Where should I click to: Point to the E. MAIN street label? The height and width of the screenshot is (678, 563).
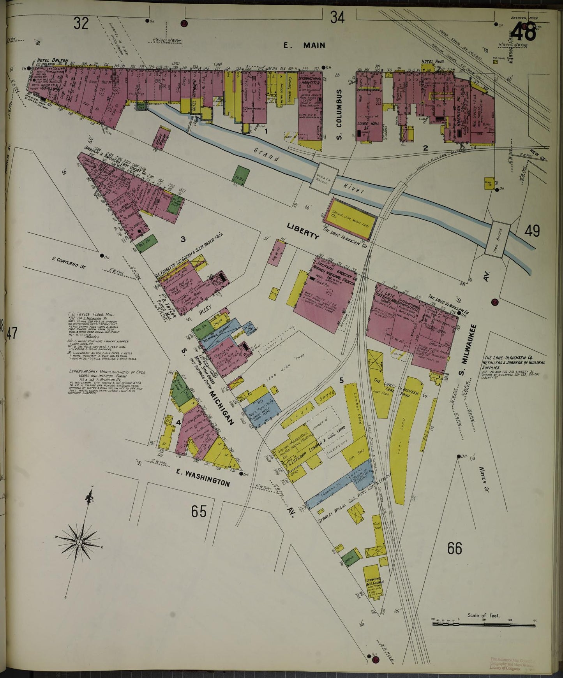pos(304,46)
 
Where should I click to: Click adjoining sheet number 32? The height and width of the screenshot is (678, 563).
pos(81,24)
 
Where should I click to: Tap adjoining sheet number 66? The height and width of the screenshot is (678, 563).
pos(454,548)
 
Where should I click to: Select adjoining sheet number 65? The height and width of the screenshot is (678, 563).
pos(198,511)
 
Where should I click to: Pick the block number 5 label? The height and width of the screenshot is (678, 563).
pos(341,381)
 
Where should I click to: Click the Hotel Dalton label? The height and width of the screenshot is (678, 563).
pos(53,61)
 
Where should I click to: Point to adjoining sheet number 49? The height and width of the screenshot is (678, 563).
pos(532,231)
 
